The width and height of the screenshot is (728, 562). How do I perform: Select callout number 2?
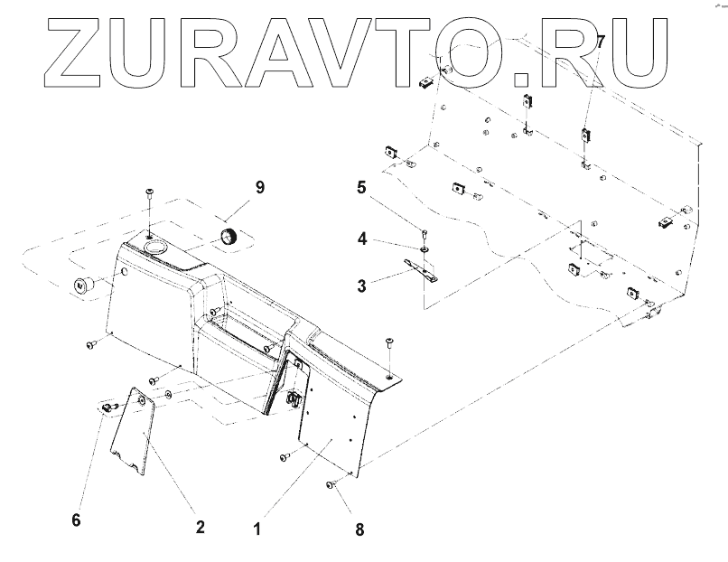coord(200,526)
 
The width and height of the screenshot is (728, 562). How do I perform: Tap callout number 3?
coord(360,286)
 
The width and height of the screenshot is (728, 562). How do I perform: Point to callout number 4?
coord(360,240)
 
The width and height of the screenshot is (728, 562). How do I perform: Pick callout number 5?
coord(360,189)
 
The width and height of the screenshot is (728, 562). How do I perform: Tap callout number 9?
coord(259,188)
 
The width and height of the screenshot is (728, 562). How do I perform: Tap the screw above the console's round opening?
coord(149,193)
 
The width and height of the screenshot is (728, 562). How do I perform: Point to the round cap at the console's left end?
coord(82,285)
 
